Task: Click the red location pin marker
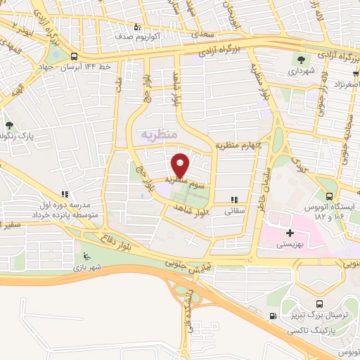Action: coord(180,165)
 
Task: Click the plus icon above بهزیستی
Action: coord(289,231)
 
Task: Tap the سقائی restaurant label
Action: coord(233,210)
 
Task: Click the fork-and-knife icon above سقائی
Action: coord(234,200)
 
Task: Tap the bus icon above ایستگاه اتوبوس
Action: coord(330,195)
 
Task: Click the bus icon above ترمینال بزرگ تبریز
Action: coord(321,304)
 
